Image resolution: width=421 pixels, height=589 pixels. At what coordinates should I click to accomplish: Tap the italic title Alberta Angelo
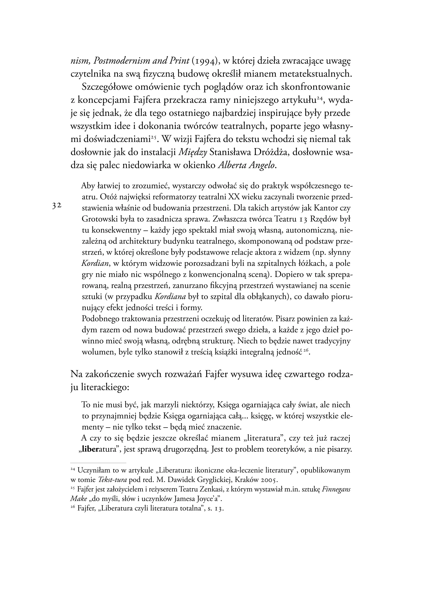[248, 166]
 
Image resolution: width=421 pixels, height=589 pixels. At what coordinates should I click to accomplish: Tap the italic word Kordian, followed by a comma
[96, 263]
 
